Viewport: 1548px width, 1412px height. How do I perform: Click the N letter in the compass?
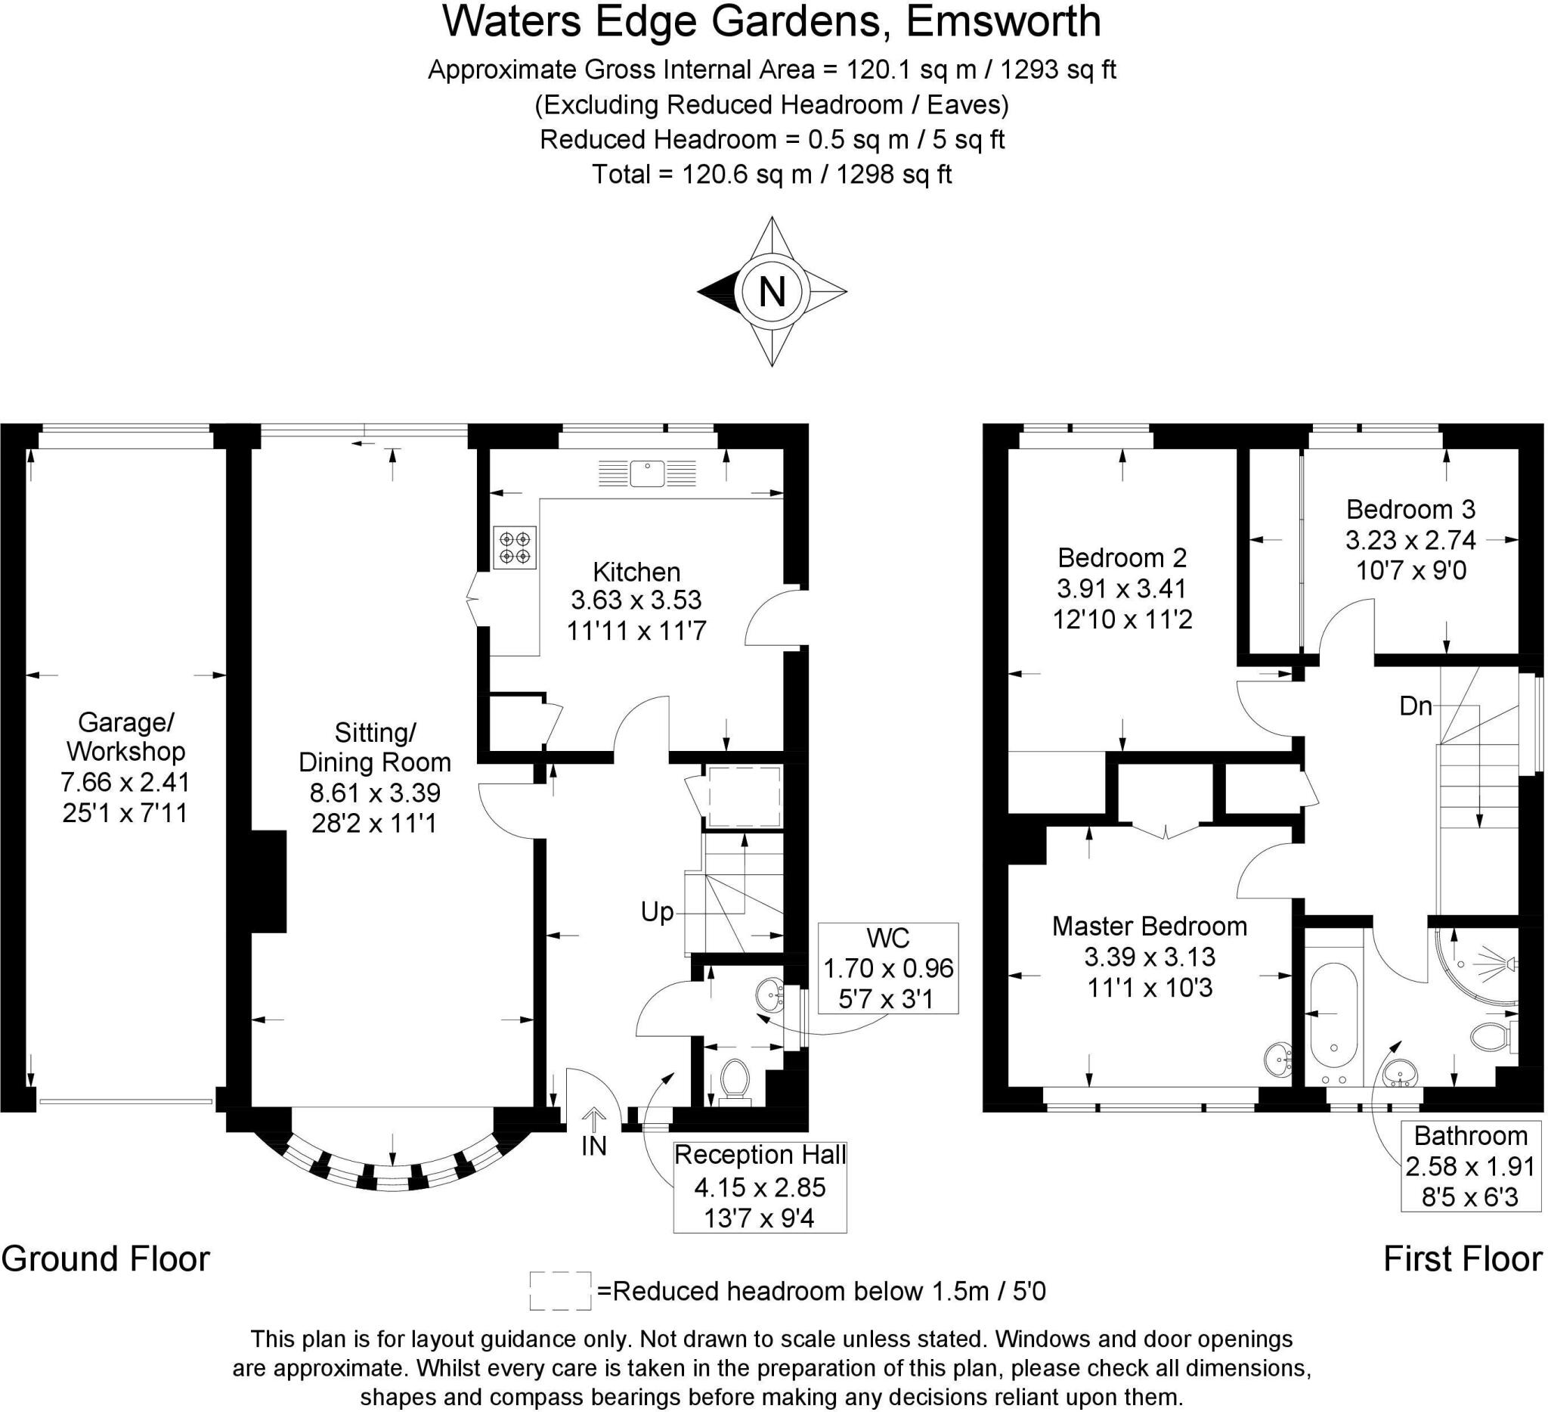(x=772, y=293)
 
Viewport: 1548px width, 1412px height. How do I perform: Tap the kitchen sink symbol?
(x=647, y=473)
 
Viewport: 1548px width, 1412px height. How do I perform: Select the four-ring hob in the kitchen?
(x=515, y=547)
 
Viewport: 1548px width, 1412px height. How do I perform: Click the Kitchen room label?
(x=636, y=573)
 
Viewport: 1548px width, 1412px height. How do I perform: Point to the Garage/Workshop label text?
(x=125, y=737)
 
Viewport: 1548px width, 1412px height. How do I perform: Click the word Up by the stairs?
(x=658, y=913)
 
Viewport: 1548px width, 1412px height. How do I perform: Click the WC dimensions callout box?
(x=888, y=968)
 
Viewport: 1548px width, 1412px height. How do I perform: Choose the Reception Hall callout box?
(x=760, y=1187)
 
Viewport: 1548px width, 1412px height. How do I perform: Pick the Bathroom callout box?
(x=1469, y=1166)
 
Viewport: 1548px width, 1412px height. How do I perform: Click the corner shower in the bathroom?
(x=1475, y=967)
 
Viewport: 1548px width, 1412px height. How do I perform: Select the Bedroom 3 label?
(x=1410, y=509)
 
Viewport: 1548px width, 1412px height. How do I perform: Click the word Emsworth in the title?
(x=1003, y=21)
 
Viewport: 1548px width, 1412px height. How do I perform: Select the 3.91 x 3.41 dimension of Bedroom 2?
(x=1122, y=588)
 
